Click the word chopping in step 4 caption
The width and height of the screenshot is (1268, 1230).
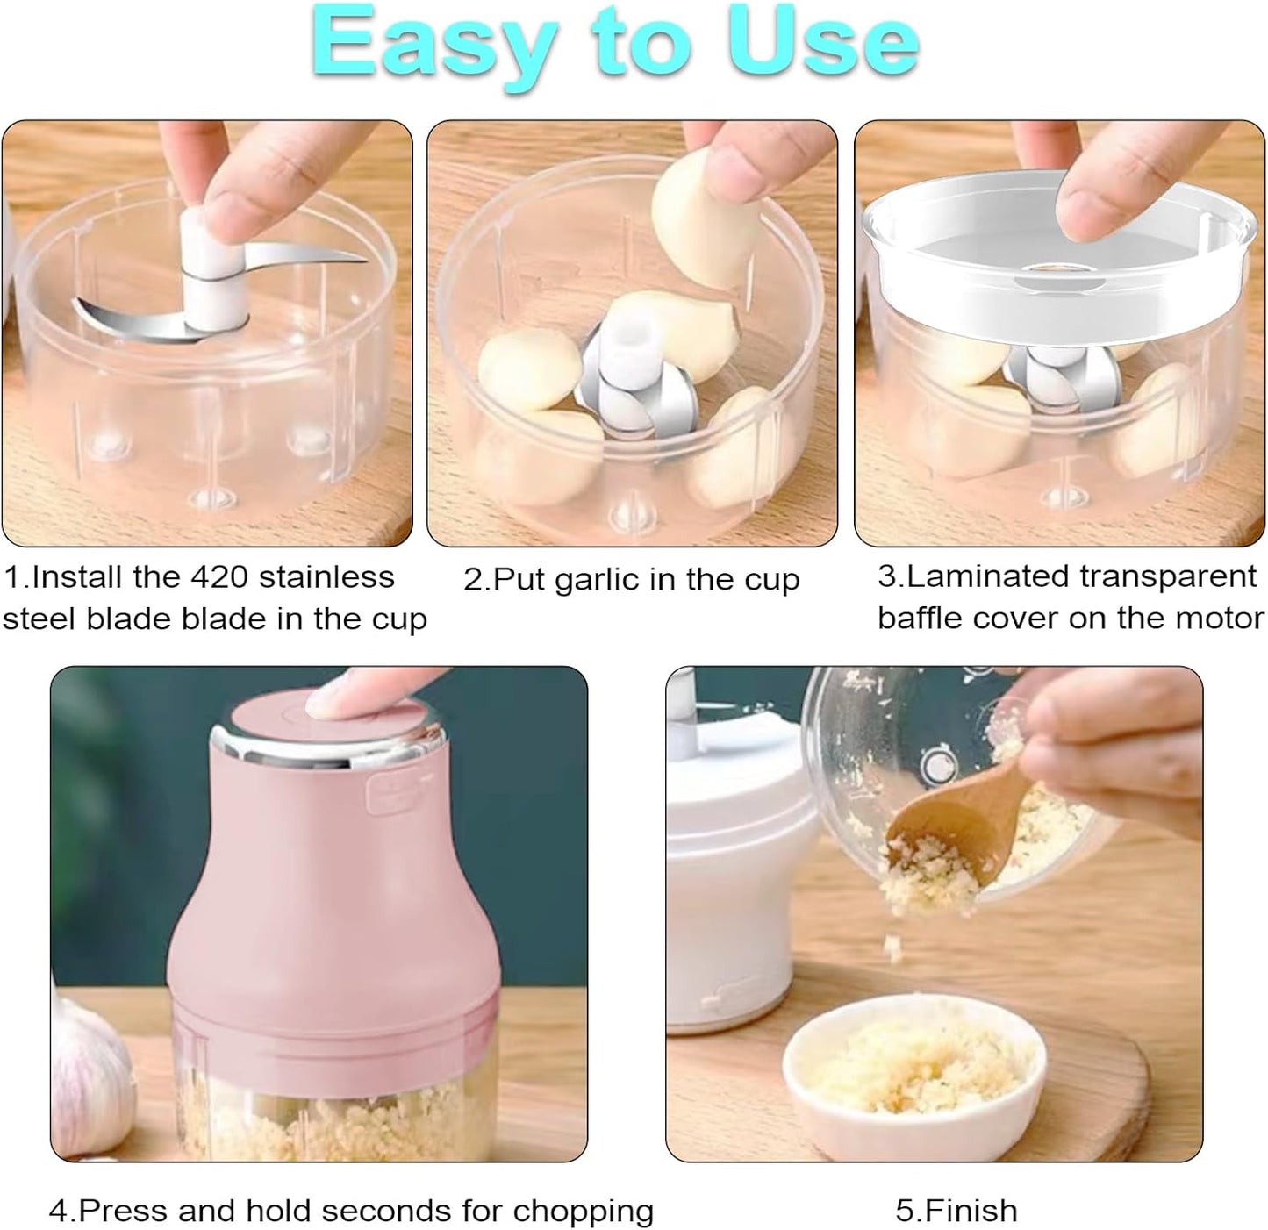584,1211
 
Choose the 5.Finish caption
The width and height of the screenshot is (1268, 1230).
956,1211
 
